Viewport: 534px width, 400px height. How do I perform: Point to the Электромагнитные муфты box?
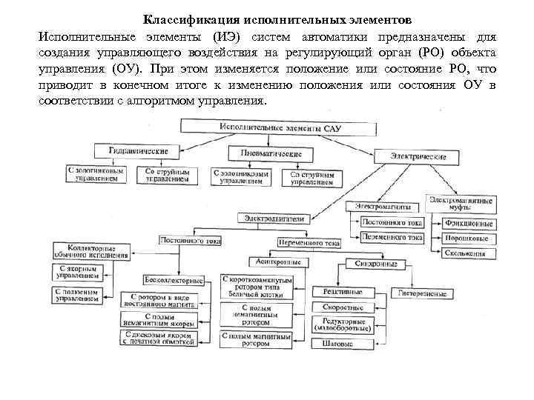459,202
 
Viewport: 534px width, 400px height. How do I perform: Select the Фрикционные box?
467,224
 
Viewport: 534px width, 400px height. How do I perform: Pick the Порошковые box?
467,239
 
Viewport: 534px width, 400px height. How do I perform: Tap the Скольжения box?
467,253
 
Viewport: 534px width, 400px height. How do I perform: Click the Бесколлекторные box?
173,281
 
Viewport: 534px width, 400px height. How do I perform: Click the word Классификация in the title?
182,19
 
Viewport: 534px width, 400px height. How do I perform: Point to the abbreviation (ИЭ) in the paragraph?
230,36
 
